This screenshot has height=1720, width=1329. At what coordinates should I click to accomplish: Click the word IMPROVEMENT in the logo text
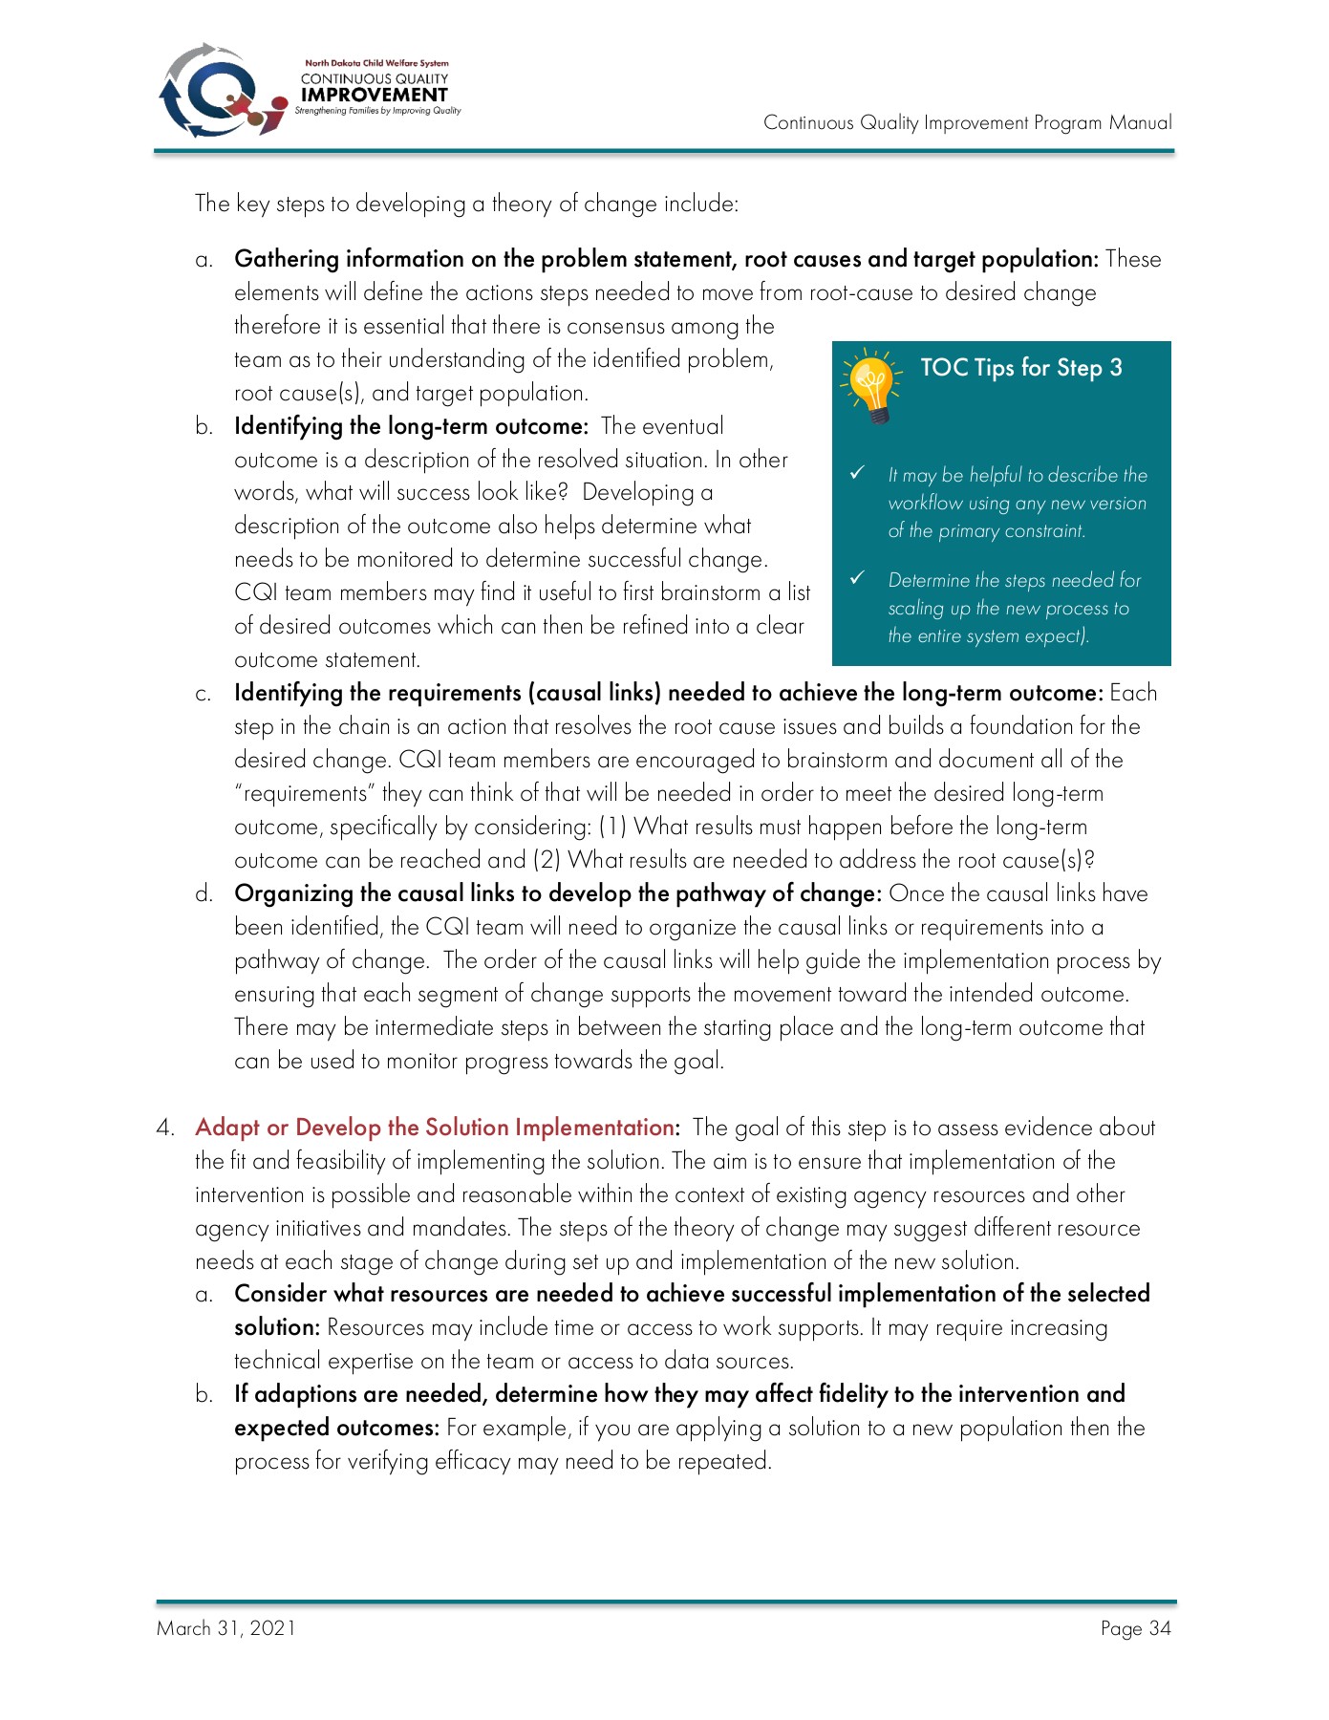coord(374,95)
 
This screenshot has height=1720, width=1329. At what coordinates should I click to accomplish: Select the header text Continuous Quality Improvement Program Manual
coord(967,122)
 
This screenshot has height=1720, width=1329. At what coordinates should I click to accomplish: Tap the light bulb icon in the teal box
coord(871,385)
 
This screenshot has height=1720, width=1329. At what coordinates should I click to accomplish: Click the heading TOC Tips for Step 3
coord(1020,368)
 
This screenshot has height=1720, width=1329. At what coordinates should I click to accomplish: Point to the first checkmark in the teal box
coord(857,473)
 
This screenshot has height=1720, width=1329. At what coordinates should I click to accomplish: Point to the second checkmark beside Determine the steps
coord(857,578)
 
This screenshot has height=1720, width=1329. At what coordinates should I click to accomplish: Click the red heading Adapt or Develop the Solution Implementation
coord(436,1128)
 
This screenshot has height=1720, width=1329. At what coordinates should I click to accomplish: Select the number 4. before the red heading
coord(165,1128)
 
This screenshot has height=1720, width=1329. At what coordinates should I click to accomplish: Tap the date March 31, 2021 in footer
coord(226,1628)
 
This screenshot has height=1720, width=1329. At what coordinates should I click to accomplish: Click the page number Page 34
coord(1135,1628)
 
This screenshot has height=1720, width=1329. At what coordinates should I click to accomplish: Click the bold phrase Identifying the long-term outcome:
coord(411,426)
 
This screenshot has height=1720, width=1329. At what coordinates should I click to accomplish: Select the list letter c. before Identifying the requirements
coord(204,694)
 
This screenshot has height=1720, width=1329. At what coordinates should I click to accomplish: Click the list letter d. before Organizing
coord(204,894)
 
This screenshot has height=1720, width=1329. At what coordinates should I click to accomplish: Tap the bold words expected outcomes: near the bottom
coord(336,1428)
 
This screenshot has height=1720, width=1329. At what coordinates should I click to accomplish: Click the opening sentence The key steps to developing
coord(466,204)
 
